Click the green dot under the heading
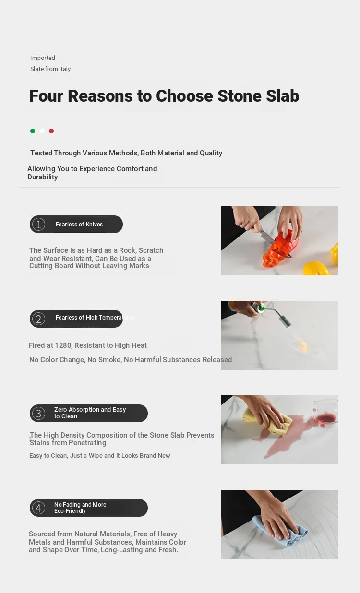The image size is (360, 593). (33, 131)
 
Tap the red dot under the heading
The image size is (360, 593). (51, 131)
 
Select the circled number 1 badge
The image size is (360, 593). (39, 224)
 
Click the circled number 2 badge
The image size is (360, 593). (39, 319)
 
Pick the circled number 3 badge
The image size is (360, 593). (39, 413)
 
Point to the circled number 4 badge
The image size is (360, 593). (39, 508)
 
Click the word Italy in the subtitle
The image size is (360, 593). (65, 69)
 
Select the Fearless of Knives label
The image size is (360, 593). (79, 224)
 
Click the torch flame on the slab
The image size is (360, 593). (303, 345)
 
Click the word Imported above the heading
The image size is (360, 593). (43, 58)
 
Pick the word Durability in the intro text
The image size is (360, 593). (43, 177)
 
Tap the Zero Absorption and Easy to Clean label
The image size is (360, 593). (90, 413)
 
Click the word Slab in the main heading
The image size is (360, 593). (283, 96)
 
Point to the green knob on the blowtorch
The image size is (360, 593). (262, 307)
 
